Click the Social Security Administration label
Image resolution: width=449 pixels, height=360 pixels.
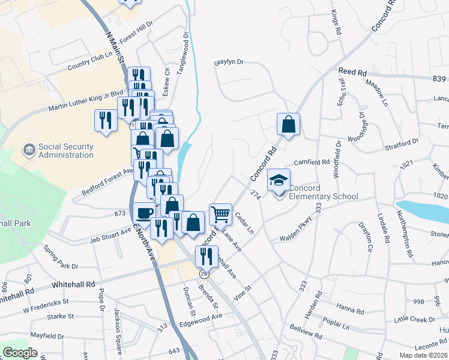[x=65, y=151]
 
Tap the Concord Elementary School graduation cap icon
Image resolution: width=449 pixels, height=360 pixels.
[x=279, y=180]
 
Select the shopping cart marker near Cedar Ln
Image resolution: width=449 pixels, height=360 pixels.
[x=220, y=214]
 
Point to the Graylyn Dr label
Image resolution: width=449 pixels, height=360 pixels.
[x=229, y=62]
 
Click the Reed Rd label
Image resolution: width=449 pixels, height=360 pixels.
[x=352, y=71]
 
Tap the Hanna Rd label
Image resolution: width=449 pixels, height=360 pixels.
[x=350, y=311]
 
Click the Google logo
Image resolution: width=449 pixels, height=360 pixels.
[x=20, y=353]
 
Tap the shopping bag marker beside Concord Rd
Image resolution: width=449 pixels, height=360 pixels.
[x=289, y=125]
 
